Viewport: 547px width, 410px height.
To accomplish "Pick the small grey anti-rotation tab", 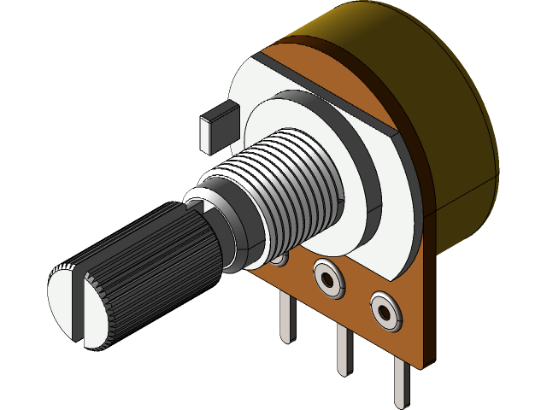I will [218, 124].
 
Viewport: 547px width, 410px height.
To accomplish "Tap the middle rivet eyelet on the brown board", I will [328, 278].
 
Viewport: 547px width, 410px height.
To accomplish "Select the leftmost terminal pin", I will [287, 316].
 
